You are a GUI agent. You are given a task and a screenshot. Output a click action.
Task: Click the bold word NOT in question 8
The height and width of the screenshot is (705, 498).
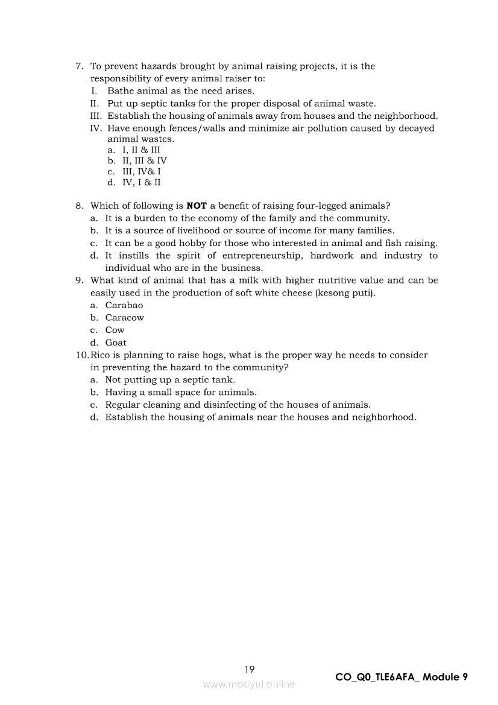click(197, 206)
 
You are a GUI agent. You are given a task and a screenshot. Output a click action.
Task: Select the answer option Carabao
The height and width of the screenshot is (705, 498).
click(124, 305)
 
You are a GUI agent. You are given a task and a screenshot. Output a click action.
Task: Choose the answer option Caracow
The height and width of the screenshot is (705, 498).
click(125, 318)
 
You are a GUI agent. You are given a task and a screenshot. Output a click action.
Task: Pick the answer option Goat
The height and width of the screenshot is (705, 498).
click(116, 343)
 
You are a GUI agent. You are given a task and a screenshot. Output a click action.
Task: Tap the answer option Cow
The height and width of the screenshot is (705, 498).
click(115, 330)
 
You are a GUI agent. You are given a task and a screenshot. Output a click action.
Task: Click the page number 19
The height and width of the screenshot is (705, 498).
click(250, 669)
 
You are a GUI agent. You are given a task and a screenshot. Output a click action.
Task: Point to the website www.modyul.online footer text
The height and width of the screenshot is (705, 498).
click(249, 684)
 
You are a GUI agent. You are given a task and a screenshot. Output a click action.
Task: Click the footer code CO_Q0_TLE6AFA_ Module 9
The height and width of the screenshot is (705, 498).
click(401, 677)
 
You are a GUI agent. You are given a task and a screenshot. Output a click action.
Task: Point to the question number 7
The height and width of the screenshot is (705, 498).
click(79, 66)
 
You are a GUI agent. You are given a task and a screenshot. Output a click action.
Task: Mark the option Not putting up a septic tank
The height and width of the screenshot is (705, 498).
click(170, 379)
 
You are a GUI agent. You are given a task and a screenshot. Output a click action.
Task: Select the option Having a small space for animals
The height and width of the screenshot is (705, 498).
click(180, 392)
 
